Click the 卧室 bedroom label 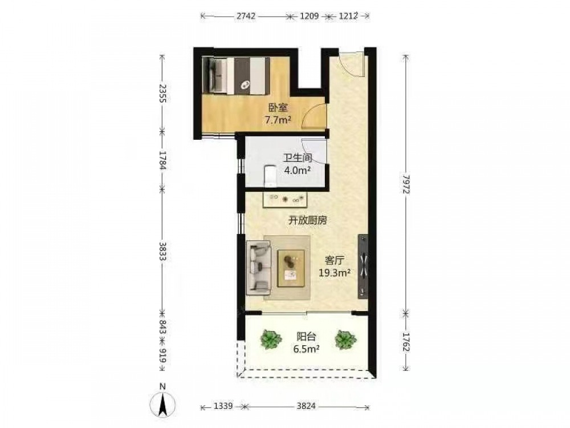pos(278,108)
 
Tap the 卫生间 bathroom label pos(298,158)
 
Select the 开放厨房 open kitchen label pos(308,220)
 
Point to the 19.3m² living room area pos(335,272)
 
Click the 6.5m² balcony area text pos(307,349)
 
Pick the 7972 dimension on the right pos(406,184)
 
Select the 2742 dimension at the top pos(246,16)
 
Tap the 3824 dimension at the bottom pos(306,406)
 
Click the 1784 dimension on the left pos(162,160)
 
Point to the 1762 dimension pos(406,342)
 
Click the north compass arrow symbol pos(163,404)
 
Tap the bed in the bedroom pos(237,76)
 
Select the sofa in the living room pos(258,268)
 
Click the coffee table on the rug pos(291,268)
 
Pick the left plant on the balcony pos(271,340)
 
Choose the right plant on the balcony pos(345,340)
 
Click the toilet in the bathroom pos(270,176)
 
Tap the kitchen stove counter pos(286,199)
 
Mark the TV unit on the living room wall pos(363,267)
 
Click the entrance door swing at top pos(351,64)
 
